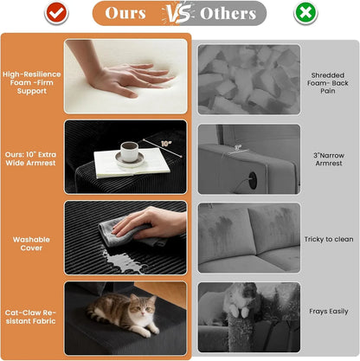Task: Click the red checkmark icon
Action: pyautogui.click(x=56, y=13)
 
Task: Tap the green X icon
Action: pyautogui.click(x=305, y=13)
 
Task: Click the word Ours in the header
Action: pyautogui.click(x=125, y=13)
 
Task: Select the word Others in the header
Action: pyautogui.click(x=228, y=13)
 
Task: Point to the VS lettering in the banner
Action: pyautogui.click(x=177, y=13)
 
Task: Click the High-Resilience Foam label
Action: pyautogui.click(x=32, y=82)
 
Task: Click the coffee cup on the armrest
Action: pyautogui.click(x=129, y=151)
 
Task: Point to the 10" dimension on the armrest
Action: pyautogui.click(x=166, y=144)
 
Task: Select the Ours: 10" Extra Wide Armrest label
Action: pyautogui.click(x=30, y=158)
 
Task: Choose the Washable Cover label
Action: pyautogui.click(x=31, y=243)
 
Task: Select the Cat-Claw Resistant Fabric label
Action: pyautogui.click(x=30, y=317)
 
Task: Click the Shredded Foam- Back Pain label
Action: pyautogui.click(x=328, y=83)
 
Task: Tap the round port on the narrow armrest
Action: pyautogui.click(x=253, y=180)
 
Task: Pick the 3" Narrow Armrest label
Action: pyautogui.click(x=329, y=159)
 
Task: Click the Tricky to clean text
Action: pyautogui.click(x=329, y=239)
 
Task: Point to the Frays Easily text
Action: pyautogui.click(x=329, y=312)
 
